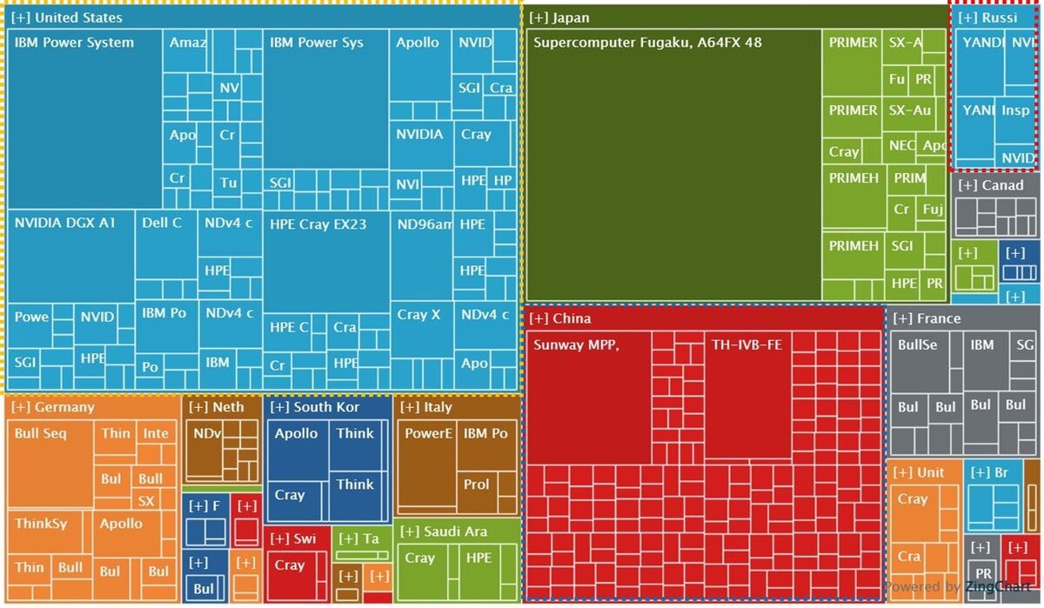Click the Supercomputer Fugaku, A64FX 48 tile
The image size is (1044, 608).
pos(673,165)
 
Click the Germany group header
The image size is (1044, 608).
pos(53,407)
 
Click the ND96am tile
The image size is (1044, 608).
pos(422,252)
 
